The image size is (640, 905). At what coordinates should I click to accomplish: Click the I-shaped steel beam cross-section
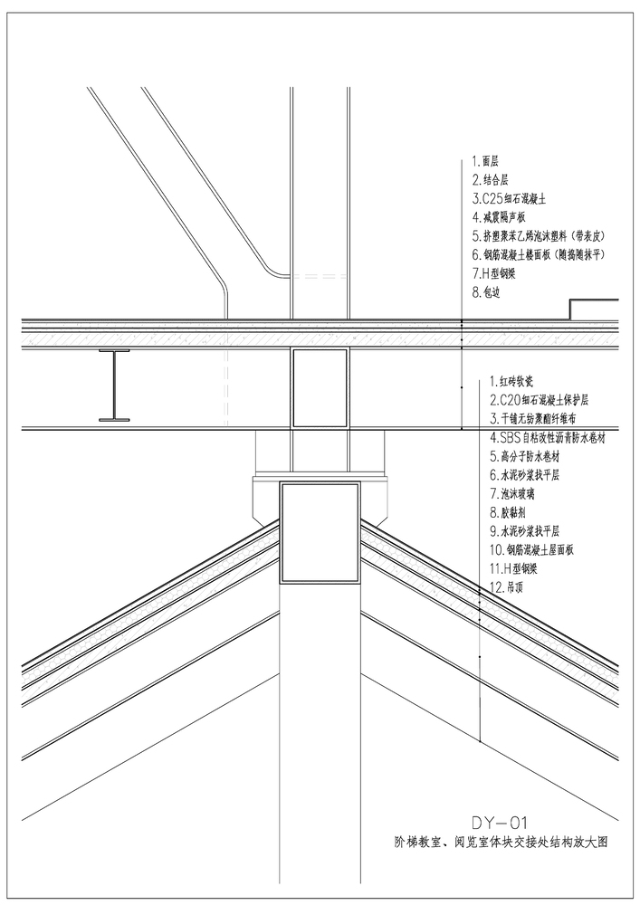114,384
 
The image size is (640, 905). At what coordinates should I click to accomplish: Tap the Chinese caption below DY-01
498,842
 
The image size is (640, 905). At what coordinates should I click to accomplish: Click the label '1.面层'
485,162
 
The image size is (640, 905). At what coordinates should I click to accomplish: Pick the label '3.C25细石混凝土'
509,199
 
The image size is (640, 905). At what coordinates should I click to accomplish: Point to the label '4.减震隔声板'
499,217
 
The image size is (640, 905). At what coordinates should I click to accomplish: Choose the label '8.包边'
486,292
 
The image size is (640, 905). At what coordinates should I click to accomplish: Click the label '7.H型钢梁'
494,273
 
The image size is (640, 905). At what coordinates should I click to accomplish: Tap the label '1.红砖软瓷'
511,381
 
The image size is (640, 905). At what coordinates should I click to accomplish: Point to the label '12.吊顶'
506,588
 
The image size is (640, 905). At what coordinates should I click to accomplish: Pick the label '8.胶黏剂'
508,512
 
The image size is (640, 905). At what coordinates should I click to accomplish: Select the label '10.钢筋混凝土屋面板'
531,550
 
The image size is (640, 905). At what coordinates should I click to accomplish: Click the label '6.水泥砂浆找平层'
524,475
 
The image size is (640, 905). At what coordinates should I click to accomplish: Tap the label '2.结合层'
490,180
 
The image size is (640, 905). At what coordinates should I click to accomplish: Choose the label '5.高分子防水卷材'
524,456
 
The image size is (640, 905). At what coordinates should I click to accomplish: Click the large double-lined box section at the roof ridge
320,532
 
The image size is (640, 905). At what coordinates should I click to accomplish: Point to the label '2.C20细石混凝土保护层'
539,400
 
